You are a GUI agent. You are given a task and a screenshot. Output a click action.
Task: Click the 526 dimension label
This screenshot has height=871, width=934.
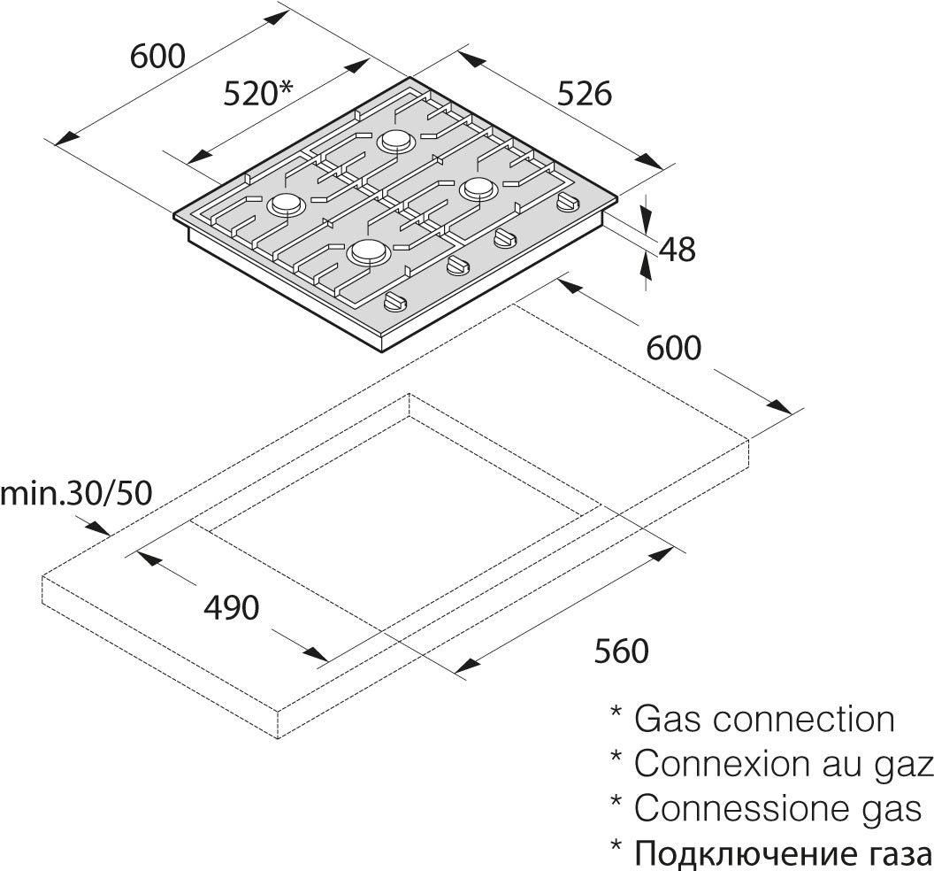click(585, 94)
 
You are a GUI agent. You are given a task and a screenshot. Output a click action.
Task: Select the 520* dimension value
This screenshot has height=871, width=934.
click(258, 93)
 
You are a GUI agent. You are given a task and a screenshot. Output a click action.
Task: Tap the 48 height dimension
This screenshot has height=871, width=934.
click(678, 250)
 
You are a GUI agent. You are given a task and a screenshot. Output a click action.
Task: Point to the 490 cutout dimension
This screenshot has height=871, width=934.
click(231, 607)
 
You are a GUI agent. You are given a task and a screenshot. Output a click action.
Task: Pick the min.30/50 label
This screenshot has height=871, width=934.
click(76, 493)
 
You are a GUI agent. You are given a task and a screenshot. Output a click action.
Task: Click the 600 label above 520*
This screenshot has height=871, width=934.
click(157, 56)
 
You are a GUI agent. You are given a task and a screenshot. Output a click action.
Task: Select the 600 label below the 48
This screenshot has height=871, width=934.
click(674, 348)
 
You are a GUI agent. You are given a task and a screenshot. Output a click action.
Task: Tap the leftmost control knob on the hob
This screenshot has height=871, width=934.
click(395, 302)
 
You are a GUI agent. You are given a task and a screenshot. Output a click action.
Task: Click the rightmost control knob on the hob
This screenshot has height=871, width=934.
click(567, 203)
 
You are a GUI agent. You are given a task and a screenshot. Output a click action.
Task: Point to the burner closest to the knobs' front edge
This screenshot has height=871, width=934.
click(369, 253)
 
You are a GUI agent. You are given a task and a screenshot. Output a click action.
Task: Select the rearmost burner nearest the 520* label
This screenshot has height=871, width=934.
click(397, 141)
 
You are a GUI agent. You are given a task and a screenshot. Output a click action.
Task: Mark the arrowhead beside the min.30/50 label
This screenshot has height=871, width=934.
click(98, 528)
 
